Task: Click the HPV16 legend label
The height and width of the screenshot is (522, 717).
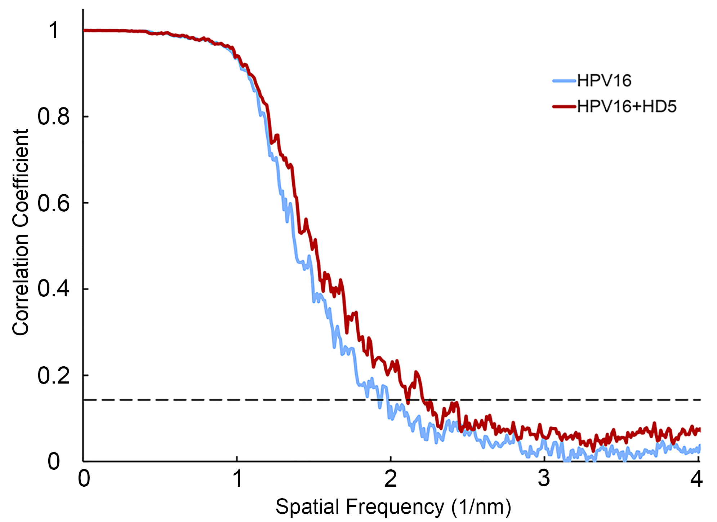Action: coord(604,81)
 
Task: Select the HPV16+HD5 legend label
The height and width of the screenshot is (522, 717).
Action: coord(627,107)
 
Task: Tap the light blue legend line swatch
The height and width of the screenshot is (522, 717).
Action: coord(564,81)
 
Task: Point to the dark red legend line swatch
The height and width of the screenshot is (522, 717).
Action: coord(564,106)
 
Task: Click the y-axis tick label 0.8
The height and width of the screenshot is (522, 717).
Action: coord(54,117)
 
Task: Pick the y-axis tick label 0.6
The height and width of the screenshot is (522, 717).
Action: coord(54,203)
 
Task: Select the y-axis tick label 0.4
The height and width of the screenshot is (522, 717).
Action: coord(54,289)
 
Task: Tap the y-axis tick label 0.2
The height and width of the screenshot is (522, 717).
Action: coord(54,376)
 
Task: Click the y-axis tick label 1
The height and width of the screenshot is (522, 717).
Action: coord(54,30)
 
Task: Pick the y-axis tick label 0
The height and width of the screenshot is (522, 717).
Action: coord(54,462)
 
